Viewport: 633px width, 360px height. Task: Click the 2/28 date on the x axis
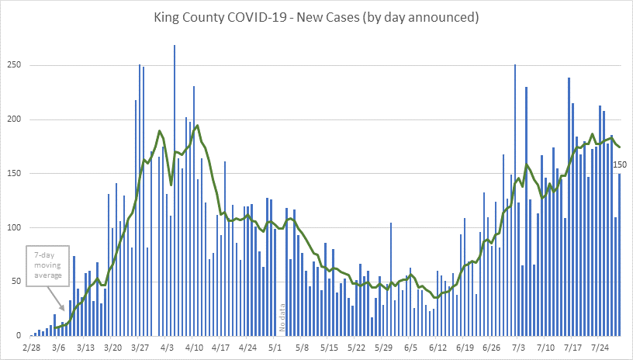click(32, 348)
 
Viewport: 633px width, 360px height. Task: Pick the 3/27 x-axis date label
click(140, 348)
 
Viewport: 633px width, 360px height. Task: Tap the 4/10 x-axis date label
click(194, 348)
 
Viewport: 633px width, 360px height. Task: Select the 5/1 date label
click(275, 348)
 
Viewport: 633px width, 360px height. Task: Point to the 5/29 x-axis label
click(383, 348)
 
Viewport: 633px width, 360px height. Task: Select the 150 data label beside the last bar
click(621, 164)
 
